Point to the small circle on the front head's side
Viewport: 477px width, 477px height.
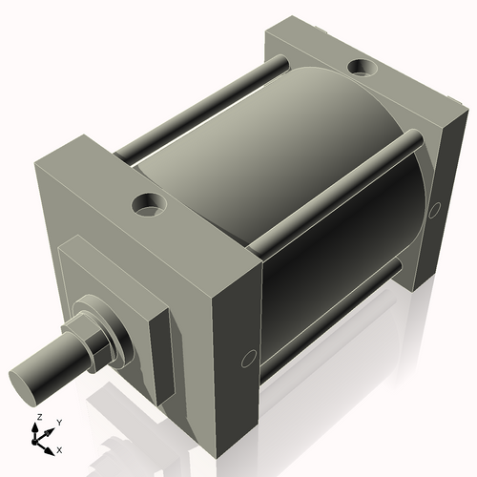(248, 357)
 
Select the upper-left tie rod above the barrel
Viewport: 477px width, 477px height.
(200, 105)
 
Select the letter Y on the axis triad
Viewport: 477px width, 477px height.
(58, 421)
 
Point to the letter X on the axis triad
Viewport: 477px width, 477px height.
(60, 448)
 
